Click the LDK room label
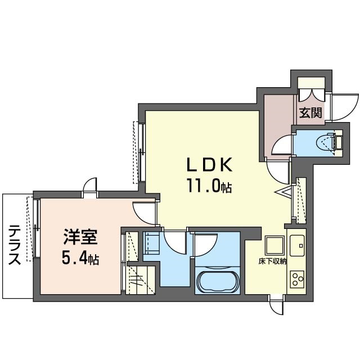coord(210,165)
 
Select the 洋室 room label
coord(80,237)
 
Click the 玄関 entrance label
coord(310,112)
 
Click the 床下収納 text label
coord(272,262)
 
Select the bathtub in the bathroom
coord(217,281)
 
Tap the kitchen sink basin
coord(297,245)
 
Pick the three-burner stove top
coord(297,279)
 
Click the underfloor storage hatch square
coord(274,245)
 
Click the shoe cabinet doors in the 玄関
coord(312,94)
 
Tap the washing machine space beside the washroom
coord(151,243)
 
